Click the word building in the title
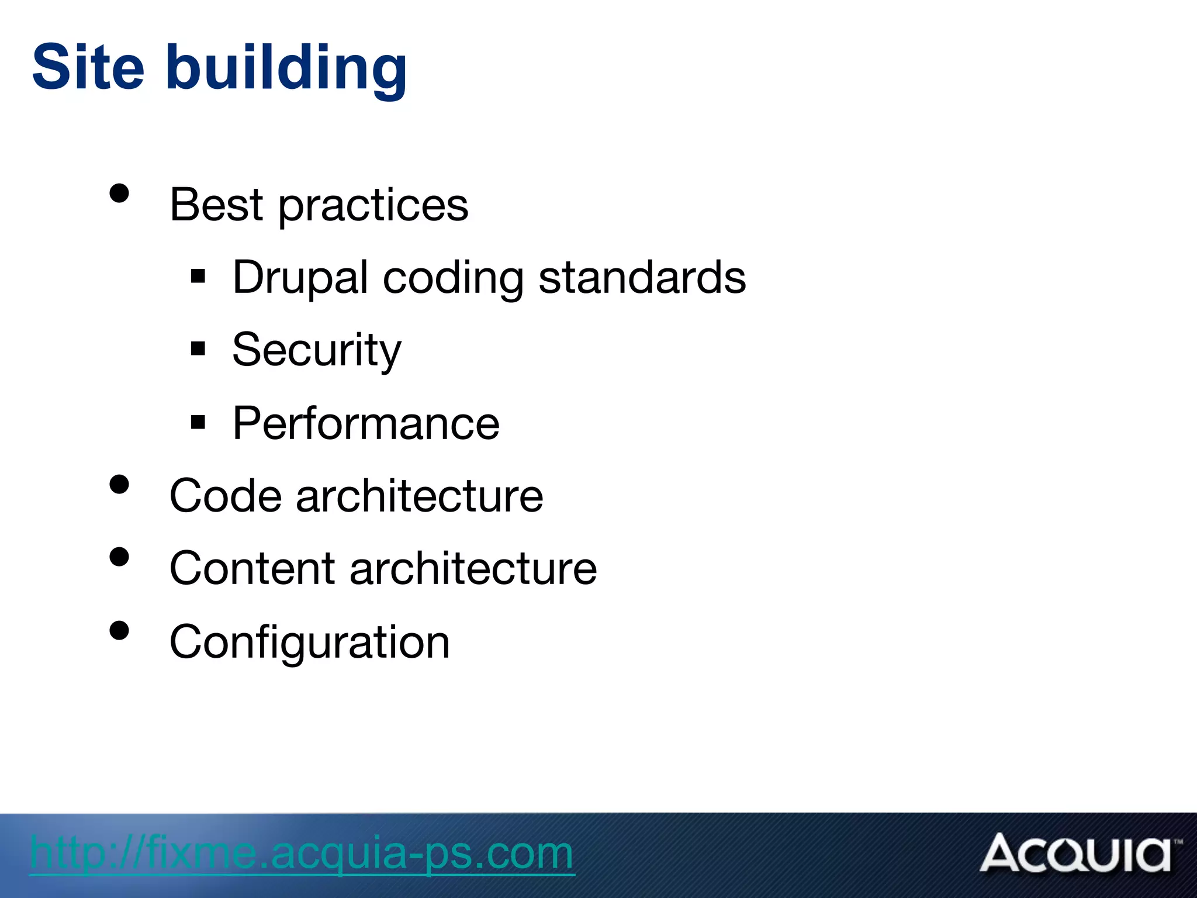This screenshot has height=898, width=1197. (x=286, y=70)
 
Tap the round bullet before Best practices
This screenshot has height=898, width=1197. (x=119, y=193)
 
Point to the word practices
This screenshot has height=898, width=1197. (x=373, y=208)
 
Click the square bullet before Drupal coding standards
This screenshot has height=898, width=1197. (x=198, y=275)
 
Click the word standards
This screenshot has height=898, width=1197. (x=642, y=278)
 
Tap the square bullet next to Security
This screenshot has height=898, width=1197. (x=198, y=348)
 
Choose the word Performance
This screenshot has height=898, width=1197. (x=366, y=423)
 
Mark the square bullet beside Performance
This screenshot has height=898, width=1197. (x=198, y=422)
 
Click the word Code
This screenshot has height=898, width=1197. (x=226, y=496)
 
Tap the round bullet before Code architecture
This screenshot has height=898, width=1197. (x=119, y=485)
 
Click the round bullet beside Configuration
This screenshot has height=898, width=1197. (x=119, y=630)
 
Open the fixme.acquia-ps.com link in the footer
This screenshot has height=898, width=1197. (x=302, y=853)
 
